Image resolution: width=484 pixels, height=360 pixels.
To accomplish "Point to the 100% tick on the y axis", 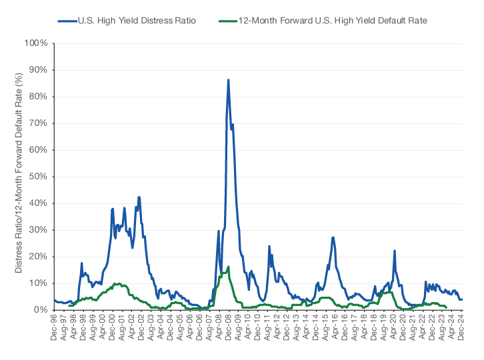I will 35,43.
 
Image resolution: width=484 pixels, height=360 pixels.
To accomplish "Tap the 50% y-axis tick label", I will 37,177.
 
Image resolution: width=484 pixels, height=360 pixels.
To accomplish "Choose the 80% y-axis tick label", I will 37,97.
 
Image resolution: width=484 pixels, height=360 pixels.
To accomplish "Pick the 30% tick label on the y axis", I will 37,230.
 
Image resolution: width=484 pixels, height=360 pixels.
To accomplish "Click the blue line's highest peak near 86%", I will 228,80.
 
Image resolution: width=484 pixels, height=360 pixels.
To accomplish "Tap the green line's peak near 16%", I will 228,267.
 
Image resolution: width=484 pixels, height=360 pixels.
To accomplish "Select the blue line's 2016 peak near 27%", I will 333,237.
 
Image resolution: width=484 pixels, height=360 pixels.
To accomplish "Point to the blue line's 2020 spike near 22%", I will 395,251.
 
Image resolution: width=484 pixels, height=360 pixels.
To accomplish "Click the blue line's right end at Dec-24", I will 461,299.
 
